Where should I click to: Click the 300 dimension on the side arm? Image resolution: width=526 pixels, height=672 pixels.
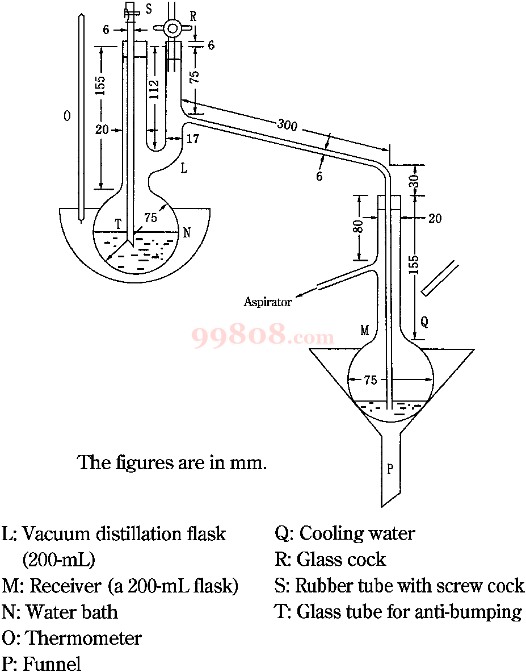[287, 125]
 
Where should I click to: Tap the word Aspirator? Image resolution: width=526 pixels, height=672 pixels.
[267, 302]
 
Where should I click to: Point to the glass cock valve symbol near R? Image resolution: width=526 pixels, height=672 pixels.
[173, 29]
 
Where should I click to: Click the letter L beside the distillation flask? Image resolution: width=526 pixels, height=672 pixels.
[184, 169]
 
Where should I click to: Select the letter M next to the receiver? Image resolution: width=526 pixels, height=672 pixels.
[365, 331]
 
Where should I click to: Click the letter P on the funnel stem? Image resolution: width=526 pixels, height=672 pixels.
[390, 469]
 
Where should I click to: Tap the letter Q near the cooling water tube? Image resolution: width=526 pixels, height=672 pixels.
[424, 322]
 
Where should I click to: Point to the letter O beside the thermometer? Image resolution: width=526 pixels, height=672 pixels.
[67, 116]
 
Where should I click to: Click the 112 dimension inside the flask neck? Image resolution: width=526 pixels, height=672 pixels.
[155, 89]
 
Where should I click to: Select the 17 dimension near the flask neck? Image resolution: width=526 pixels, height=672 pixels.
[192, 139]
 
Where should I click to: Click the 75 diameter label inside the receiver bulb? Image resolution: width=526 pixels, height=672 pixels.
[370, 379]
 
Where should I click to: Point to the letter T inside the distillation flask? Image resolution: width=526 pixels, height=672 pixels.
[117, 224]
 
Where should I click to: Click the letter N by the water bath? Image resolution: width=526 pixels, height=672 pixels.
[187, 233]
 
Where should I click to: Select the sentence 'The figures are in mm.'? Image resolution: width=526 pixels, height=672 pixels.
[172, 463]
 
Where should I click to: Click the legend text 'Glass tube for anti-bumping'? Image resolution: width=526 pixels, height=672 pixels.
[409, 611]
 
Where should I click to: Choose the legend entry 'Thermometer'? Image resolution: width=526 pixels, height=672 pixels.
[84, 638]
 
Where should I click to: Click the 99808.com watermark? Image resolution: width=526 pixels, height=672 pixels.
[263, 336]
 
